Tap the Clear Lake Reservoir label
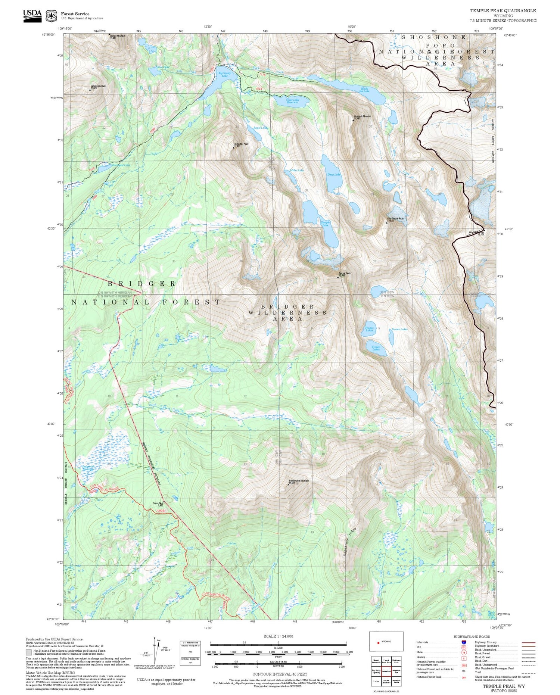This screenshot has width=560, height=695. tap(292, 101)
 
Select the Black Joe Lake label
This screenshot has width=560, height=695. tap(364, 90)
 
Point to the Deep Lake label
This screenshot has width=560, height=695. tap(334, 175)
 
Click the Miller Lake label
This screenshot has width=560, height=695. tap(297, 170)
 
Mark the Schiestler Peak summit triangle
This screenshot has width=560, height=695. tap(234, 148)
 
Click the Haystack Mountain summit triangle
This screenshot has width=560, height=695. tap(353, 120)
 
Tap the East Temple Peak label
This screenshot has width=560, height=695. tap(396, 219)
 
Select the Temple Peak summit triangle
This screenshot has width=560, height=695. tap(338, 277)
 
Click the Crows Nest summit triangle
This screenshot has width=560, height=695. tap(163, 501)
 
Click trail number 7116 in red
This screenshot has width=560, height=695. tap(262, 75)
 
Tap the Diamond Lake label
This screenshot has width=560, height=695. tap(121, 165)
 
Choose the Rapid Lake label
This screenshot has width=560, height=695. tap(261, 128)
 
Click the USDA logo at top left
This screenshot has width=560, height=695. tap(32, 15)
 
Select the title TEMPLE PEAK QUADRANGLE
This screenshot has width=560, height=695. tap(503, 11)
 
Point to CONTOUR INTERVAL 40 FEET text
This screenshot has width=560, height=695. tap(280, 674)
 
